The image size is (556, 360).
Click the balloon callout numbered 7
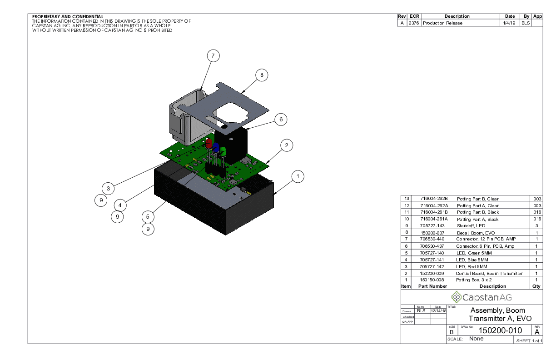[x=213, y=56]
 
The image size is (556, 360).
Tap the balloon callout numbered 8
[x=262, y=75]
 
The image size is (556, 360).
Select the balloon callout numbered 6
[x=281, y=120]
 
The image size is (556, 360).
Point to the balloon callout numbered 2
[x=287, y=145]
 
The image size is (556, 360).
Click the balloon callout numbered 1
[x=298, y=176]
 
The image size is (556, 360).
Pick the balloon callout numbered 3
[x=108, y=188]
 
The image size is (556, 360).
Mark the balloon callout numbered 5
[x=148, y=217]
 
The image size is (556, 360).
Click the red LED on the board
[x=208, y=143]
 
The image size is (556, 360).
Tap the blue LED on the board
[x=216, y=148]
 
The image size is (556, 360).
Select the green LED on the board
[x=223, y=151]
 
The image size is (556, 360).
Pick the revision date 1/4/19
[x=508, y=23]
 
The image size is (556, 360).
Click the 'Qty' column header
[x=536, y=286]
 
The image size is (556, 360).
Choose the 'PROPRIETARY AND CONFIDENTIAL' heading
[x=68, y=17]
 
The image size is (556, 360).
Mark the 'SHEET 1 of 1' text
[x=529, y=341]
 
